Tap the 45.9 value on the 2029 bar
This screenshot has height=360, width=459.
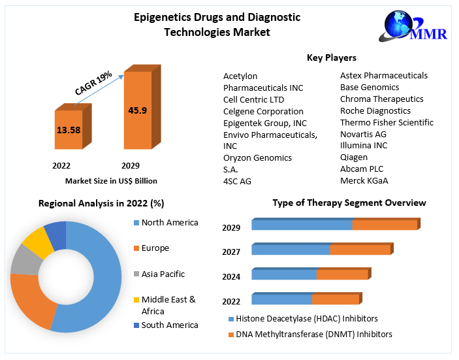[137, 110]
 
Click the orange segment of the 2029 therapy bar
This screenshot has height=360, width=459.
[385, 225]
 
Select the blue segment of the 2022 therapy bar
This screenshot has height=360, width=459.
[281, 299]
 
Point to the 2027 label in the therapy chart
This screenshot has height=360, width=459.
[231, 252]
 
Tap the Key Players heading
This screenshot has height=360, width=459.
[332, 57]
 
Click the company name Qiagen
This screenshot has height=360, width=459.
[354, 157]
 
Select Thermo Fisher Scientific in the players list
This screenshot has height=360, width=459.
[387, 122]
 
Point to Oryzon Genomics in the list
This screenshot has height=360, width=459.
[257, 157]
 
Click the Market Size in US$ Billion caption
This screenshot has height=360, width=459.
[111, 180]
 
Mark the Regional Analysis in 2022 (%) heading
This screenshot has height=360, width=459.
[101, 203]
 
